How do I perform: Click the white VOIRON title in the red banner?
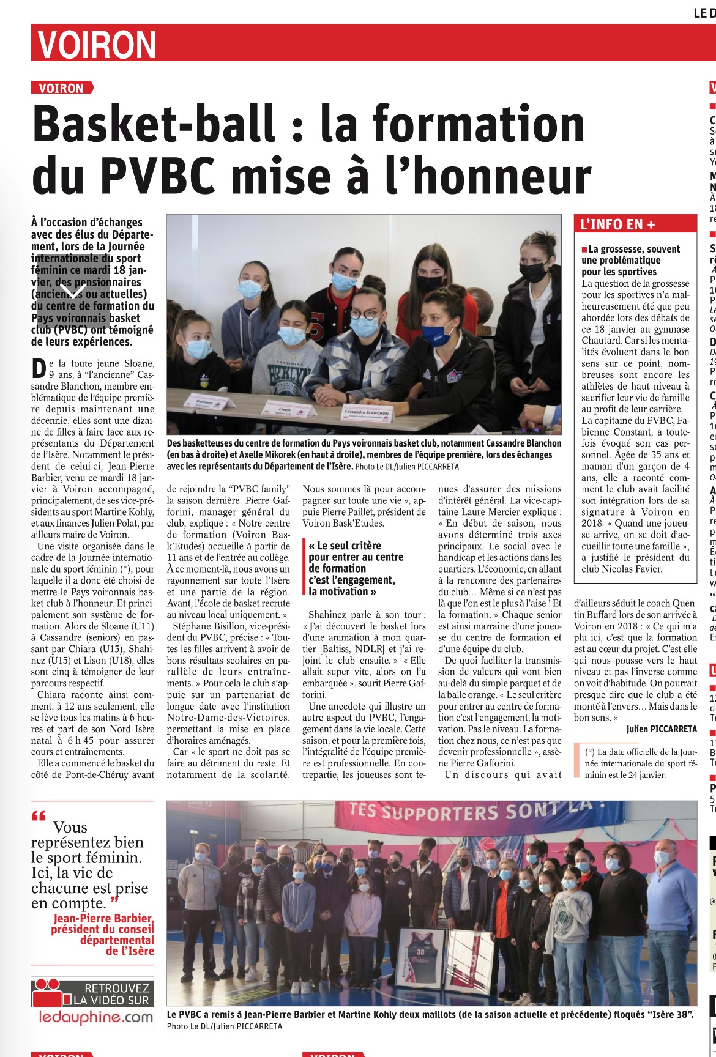coord(97,44)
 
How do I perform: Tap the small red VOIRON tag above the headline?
coord(61,88)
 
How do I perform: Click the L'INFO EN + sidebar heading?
coord(617,224)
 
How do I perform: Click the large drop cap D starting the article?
coord(39,368)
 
